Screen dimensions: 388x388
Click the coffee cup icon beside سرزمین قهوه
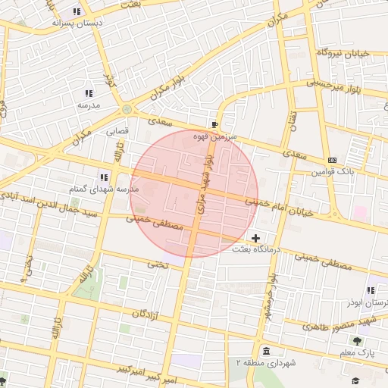coord(214,124)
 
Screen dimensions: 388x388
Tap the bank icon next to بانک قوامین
coord(332,160)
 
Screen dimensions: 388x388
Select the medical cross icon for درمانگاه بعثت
coord(256,239)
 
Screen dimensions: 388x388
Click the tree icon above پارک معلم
coord(357,341)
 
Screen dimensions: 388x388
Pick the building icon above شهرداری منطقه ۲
coord(266,351)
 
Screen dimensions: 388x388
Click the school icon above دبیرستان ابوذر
coord(371,290)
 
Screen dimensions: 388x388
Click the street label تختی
coord(157,264)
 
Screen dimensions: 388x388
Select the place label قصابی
coord(117,130)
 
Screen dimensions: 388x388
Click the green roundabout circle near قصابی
coord(127,110)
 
